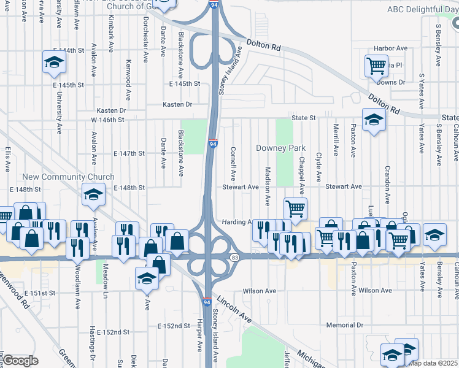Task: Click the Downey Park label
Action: (280, 148)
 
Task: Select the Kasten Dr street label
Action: (177, 104)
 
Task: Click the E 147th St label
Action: (129, 153)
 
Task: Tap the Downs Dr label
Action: (391, 82)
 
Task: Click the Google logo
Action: (20, 360)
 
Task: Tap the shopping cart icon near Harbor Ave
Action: (376, 65)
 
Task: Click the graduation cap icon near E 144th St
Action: (54, 62)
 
